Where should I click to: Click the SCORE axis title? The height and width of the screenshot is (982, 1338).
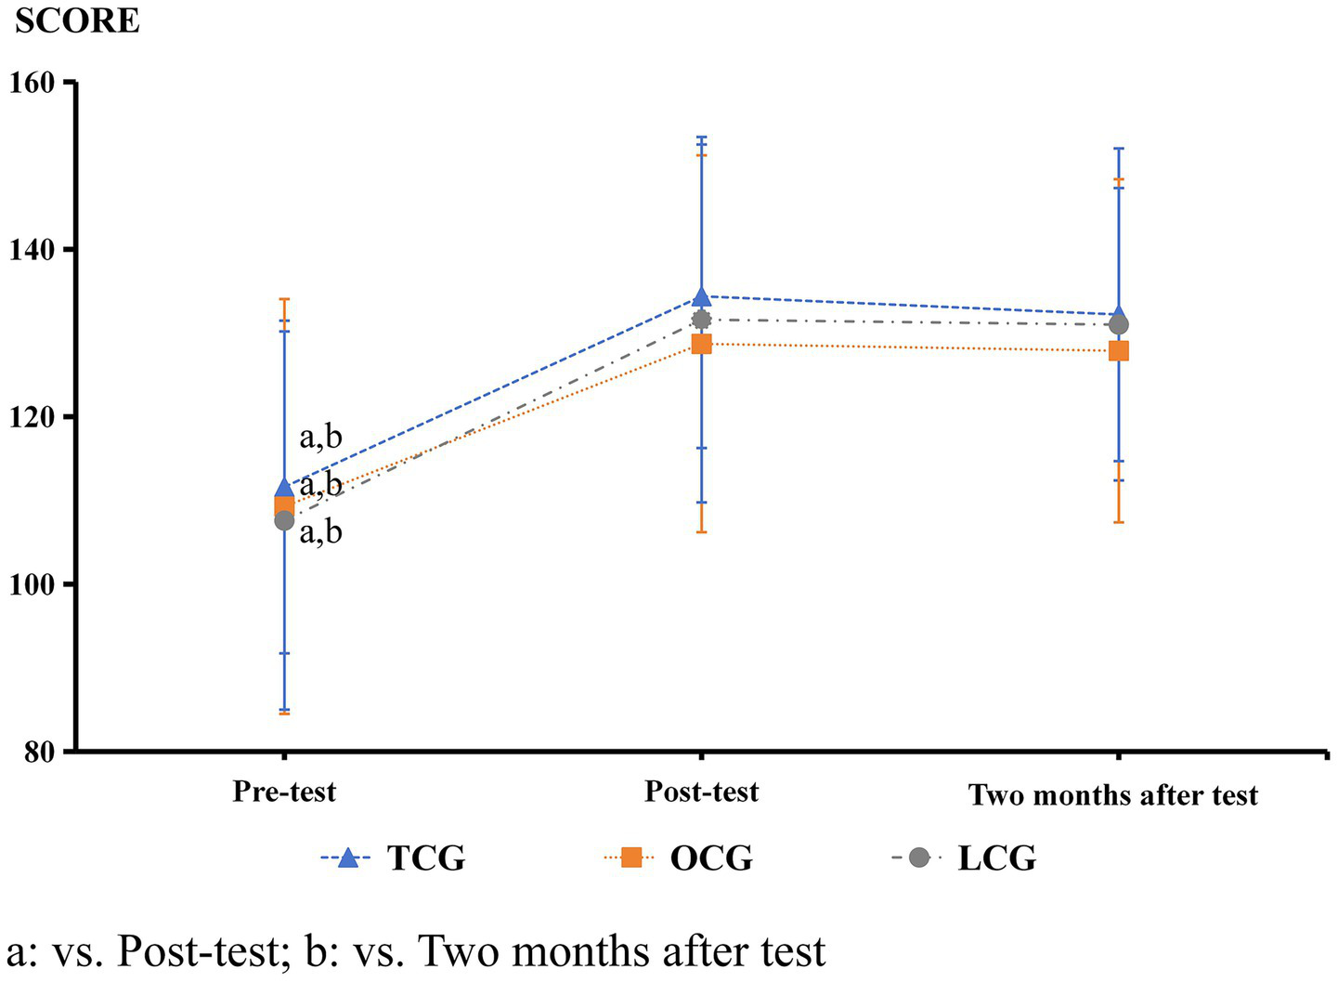tap(77, 20)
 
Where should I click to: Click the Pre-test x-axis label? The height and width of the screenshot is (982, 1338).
tap(284, 792)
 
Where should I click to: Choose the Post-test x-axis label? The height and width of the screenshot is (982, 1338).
tap(701, 792)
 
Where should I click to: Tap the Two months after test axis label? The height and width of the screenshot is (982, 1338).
tap(1113, 795)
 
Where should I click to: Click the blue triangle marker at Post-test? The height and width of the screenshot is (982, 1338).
tap(702, 297)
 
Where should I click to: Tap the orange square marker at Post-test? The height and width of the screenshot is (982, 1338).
tap(702, 345)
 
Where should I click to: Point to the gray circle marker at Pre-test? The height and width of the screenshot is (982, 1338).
tap(284, 521)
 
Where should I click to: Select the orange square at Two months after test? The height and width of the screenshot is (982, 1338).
tap(1119, 351)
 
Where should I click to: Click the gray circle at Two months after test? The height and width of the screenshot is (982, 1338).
tap(1119, 325)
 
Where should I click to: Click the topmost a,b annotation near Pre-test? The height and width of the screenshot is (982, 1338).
tap(320, 438)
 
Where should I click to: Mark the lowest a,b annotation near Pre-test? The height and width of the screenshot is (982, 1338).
tap(320, 531)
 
